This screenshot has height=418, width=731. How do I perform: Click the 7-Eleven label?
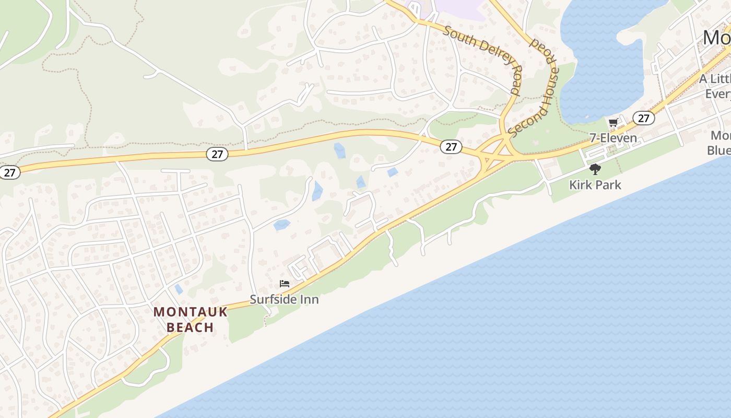point(613,138)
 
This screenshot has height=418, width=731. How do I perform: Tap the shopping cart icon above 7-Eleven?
point(614,123)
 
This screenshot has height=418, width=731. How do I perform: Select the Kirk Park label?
point(595,184)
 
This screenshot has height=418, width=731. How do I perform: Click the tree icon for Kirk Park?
point(595,169)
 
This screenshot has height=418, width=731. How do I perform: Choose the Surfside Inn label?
point(284,299)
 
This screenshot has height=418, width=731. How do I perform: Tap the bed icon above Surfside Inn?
point(285,284)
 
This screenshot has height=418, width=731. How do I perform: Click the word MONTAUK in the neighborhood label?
point(191,312)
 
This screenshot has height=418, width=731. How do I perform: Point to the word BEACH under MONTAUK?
point(191,328)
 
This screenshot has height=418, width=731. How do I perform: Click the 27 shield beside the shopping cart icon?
point(644,118)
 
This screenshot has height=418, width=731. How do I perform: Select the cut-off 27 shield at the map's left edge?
point(9,172)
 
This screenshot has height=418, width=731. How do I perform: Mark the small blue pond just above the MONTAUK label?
point(179,289)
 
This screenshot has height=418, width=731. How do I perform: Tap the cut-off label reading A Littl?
point(715,79)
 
